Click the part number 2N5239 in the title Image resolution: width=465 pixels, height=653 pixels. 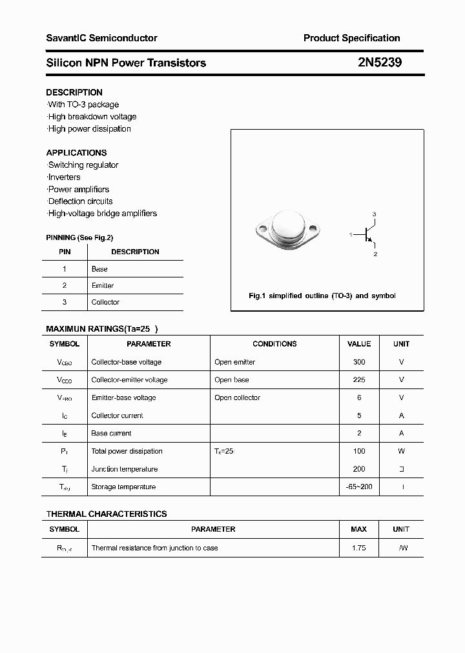point(380,63)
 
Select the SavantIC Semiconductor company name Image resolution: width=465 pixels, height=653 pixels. point(101,38)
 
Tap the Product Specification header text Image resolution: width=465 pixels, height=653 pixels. point(351,38)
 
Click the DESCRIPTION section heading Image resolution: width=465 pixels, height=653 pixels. point(74,92)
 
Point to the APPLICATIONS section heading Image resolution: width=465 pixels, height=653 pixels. point(76,153)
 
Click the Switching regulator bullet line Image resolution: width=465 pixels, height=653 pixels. point(83,165)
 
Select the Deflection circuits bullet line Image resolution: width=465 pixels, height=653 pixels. point(81,201)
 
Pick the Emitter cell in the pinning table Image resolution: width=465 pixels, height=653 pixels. point(103,285)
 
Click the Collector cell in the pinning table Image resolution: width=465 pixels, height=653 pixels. point(105,302)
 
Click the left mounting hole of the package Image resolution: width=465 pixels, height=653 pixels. point(262,228)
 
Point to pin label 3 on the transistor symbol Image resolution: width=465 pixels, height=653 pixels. point(374,214)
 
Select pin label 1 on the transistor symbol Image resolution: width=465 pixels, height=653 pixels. point(351,235)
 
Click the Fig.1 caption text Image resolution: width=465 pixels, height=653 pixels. point(322,296)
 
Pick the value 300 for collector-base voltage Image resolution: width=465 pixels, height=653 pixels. point(359,362)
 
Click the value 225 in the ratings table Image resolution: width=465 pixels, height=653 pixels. point(359,380)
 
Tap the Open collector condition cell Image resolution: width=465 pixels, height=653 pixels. point(237,398)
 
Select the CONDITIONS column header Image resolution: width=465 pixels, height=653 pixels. point(274,344)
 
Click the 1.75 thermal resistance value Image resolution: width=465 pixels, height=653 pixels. point(359,548)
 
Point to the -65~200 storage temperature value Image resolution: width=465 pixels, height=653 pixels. point(359,487)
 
